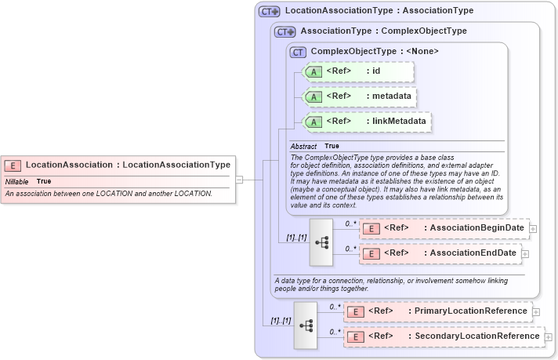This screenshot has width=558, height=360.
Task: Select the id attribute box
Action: click(x=358, y=71)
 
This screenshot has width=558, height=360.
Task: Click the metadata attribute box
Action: click(x=358, y=96)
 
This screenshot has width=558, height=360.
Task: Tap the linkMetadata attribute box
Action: click(x=367, y=122)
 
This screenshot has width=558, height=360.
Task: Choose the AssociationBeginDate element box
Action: click(x=444, y=228)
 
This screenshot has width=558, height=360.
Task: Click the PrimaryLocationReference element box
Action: click(x=438, y=311)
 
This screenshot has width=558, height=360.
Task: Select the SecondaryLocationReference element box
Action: click(x=444, y=336)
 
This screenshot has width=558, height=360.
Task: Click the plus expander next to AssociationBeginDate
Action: click(x=534, y=228)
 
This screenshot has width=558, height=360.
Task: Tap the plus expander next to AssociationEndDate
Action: click(x=526, y=253)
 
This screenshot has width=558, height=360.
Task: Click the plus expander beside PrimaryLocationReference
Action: click(x=537, y=311)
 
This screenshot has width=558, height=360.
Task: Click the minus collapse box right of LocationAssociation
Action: click(x=240, y=180)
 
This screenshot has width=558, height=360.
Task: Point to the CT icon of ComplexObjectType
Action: click(x=298, y=52)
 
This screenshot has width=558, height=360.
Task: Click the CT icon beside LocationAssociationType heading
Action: click(x=270, y=11)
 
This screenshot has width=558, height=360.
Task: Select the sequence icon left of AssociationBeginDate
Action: click(x=321, y=242)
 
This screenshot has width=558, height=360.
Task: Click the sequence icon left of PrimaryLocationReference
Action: click(x=306, y=324)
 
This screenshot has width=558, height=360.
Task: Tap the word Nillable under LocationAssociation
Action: click(x=17, y=181)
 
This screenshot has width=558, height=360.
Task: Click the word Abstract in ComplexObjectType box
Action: click(x=303, y=147)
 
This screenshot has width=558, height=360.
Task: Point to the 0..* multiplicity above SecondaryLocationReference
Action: click(x=335, y=331)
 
